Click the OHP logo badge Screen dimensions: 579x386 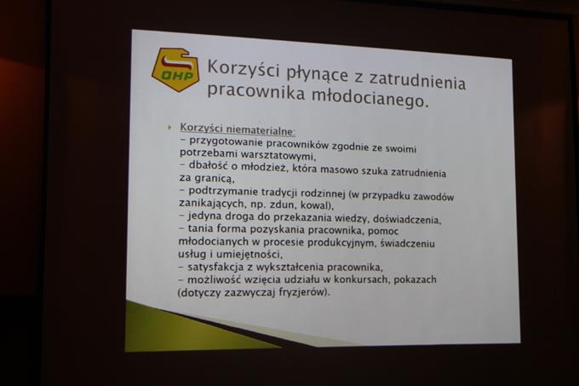click(175, 69)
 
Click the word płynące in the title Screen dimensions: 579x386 click(318, 75)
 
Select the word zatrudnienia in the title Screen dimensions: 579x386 click(417, 81)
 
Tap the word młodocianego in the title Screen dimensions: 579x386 click(370, 97)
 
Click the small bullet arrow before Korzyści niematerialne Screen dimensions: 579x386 click(169, 127)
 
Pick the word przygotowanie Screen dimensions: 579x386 click(226, 142)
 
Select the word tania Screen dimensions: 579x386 click(200, 228)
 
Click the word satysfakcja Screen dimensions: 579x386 click(215, 267)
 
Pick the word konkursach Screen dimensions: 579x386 click(361, 279)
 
